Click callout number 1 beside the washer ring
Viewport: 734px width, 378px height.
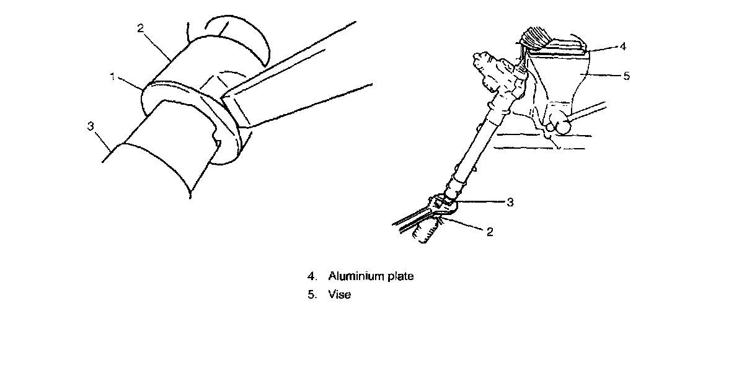point(112,76)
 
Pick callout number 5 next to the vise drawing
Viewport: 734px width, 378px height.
point(626,76)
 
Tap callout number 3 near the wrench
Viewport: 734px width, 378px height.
point(510,203)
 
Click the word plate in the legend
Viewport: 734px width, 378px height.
point(400,276)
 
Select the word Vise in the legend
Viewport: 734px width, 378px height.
point(340,295)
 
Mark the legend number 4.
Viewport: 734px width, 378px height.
point(311,276)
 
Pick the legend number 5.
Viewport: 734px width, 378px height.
point(311,295)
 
